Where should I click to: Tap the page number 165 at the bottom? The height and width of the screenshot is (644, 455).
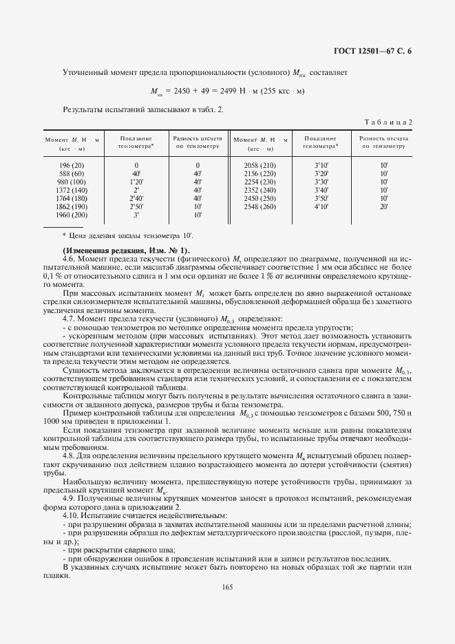(228, 586)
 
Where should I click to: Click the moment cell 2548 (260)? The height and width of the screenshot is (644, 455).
(260, 206)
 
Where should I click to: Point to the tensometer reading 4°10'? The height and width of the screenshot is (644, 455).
(321, 206)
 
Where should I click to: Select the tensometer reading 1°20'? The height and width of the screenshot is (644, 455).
(136, 182)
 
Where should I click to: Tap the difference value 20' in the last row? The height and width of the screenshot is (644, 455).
(384, 206)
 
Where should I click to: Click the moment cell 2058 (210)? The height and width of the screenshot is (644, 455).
(260, 165)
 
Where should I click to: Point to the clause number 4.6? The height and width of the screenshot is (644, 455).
(70, 257)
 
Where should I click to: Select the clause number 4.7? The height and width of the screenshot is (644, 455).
(70, 319)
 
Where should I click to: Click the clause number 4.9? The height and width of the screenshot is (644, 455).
(70, 497)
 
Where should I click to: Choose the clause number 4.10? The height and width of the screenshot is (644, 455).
(71, 515)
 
